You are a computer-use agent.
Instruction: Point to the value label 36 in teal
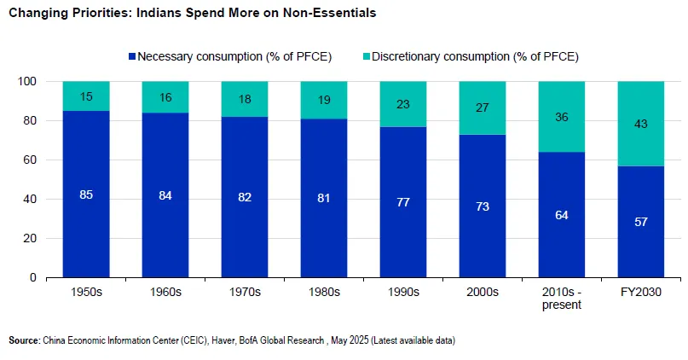562,118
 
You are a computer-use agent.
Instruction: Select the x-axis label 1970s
246,292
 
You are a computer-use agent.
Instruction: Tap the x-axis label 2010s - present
562,298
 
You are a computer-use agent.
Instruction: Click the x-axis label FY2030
641,292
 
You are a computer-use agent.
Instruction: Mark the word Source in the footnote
23,340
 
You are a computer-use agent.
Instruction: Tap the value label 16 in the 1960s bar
166,97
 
